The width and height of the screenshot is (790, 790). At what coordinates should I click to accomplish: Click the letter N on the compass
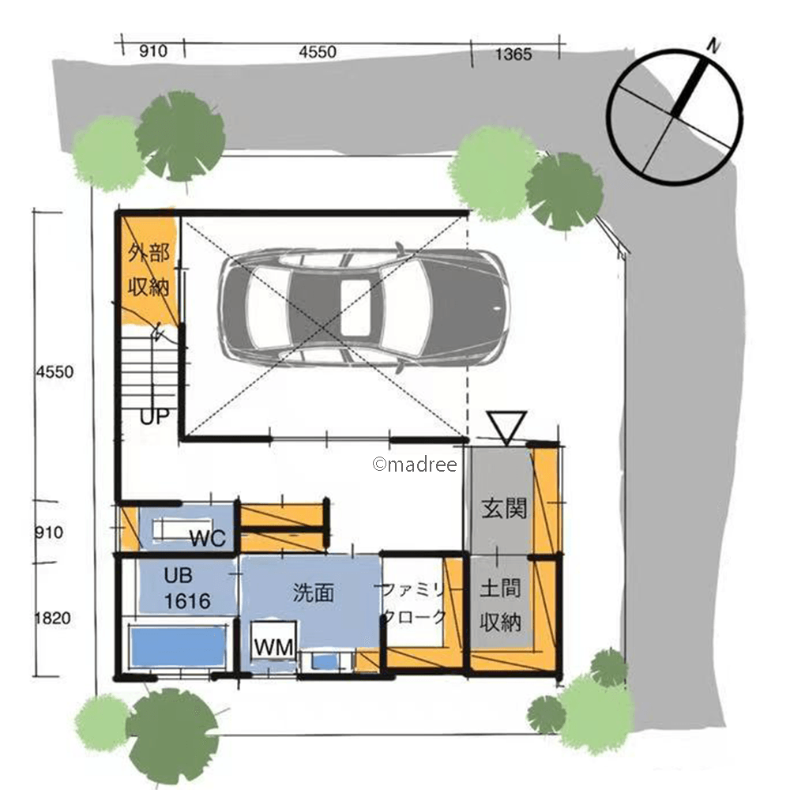point(713,47)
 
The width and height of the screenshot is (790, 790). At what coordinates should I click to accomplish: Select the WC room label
point(208,539)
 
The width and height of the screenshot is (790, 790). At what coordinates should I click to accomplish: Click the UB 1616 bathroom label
point(186,589)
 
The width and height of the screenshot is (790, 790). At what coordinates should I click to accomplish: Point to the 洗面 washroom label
point(314,592)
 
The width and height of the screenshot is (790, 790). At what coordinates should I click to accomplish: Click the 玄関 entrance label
point(504,508)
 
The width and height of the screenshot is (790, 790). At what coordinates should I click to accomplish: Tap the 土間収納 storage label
point(500,606)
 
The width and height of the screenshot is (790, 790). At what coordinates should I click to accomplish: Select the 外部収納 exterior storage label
point(149,269)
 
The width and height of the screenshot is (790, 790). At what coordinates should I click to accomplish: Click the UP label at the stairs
point(154,417)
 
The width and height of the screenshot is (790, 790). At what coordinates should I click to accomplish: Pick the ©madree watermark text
point(415,464)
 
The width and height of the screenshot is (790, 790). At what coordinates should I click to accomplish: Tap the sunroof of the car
point(356,309)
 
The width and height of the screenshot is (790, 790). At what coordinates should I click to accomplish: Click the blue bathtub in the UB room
point(177,647)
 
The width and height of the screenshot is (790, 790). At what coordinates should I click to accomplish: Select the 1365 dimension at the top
point(513,54)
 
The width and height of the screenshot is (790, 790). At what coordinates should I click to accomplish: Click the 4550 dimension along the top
point(318,52)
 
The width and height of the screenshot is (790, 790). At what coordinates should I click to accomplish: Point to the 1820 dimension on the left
point(53,619)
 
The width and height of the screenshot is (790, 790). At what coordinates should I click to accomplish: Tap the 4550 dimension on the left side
point(55,372)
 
